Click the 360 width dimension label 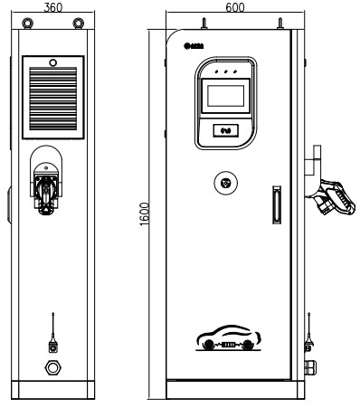52,5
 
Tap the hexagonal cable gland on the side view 52,369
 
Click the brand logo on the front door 192,44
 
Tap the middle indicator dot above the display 225,69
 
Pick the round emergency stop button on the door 227,183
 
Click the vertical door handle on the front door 277,204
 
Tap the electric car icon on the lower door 227,339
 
